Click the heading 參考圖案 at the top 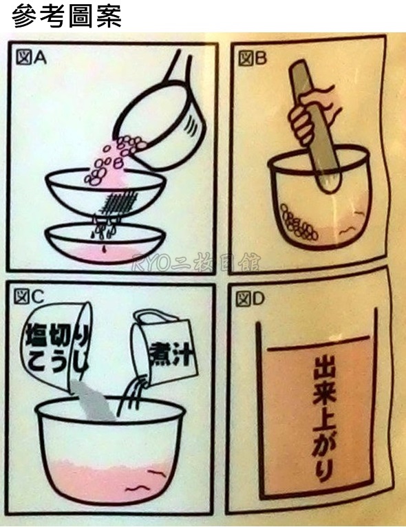[x=67, y=15]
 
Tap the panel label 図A [x=31, y=58]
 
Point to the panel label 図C [x=29, y=297]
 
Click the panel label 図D [x=250, y=299]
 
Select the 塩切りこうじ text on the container [x=57, y=348]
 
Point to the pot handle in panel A [x=176, y=67]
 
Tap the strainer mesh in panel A [x=118, y=202]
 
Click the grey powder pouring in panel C [x=92, y=400]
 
